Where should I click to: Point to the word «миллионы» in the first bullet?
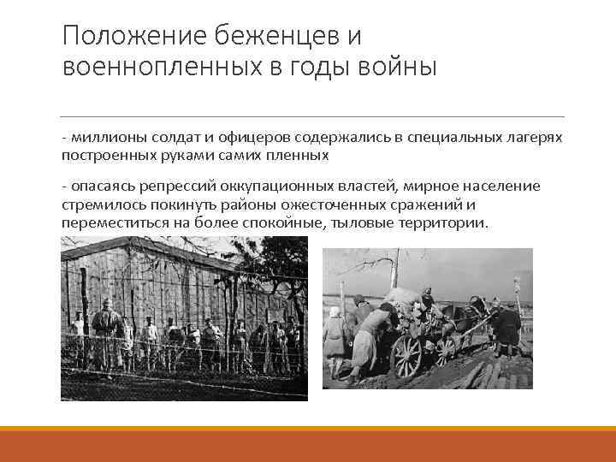click(109, 138)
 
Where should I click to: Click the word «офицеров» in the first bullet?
click(252, 138)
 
